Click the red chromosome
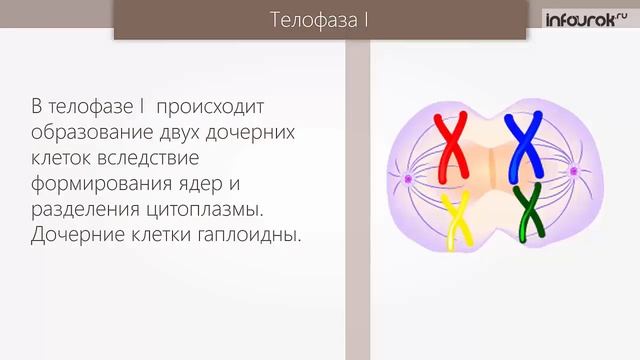coord(454,143)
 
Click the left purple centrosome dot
coord(407,180)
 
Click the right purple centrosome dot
coord(574,172)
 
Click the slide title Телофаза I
coord(319,20)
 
